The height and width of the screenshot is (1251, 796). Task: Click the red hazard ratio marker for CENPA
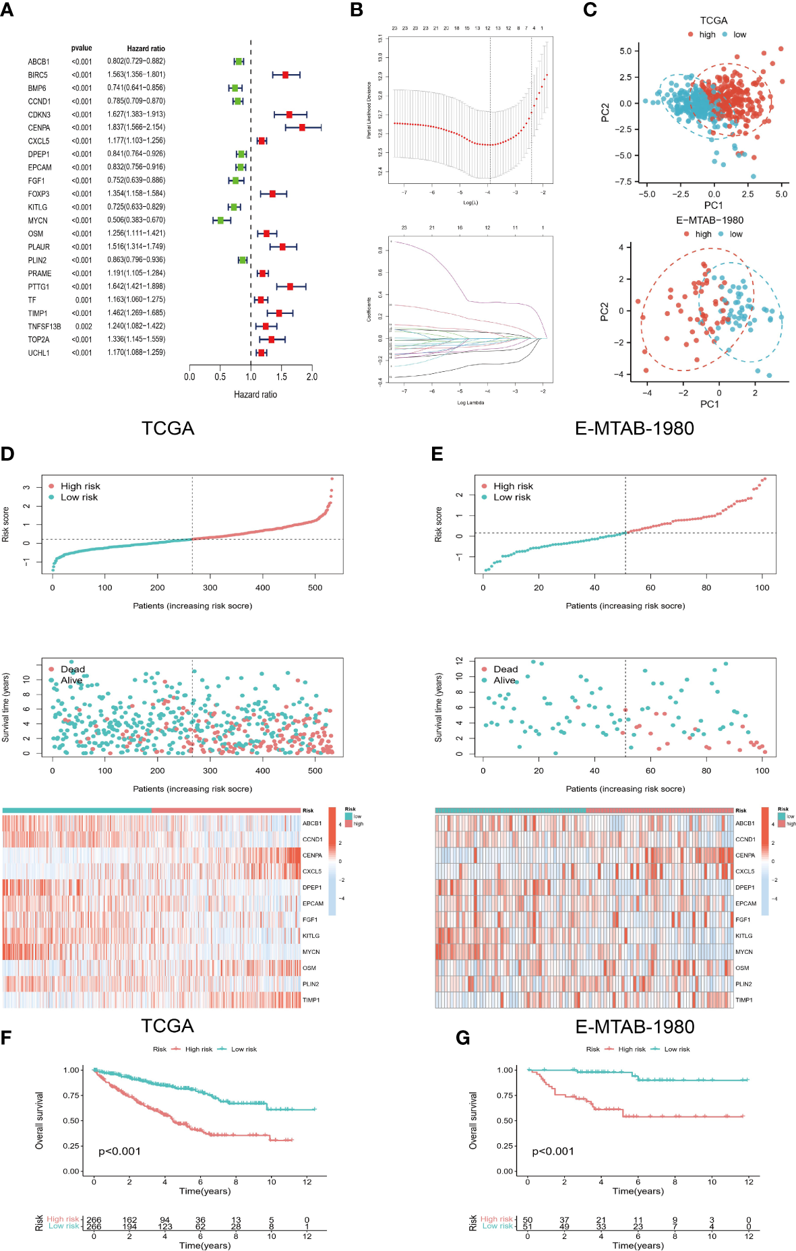tap(302, 127)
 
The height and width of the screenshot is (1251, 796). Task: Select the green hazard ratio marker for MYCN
tap(220, 220)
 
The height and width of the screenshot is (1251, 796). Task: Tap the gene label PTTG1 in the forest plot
tap(38, 287)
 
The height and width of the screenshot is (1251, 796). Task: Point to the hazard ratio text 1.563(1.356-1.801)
tap(136, 75)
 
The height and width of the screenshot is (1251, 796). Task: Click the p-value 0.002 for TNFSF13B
tap(84, 327)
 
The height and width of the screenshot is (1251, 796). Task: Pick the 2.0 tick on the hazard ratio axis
tap(311, 377)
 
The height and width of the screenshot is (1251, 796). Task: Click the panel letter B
tap(357, 10)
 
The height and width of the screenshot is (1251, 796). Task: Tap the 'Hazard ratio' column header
tap(146, 49)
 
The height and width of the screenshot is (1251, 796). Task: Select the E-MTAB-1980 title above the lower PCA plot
tap(710, 220)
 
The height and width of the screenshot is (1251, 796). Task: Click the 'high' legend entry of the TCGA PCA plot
tap(707, 35)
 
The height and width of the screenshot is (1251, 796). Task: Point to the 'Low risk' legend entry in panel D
tap(79, 497)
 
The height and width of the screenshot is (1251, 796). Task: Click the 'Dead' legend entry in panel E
tap(506, 669)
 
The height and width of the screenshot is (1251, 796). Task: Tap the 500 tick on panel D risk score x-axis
tap(315, 587)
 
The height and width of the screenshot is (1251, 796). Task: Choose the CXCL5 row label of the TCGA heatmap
tap(311, 872)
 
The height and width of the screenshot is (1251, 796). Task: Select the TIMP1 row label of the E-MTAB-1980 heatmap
tap(744, 1000)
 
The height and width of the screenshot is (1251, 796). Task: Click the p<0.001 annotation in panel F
tap(119, 1151)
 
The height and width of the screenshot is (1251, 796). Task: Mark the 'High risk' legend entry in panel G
tap(632, 1049)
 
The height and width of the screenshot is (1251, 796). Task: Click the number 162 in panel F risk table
tap(129, 1220)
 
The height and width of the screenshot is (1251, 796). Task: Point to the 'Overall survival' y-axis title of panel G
tap(473, 1120)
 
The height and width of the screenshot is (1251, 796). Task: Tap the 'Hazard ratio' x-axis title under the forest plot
tap(255, 395)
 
